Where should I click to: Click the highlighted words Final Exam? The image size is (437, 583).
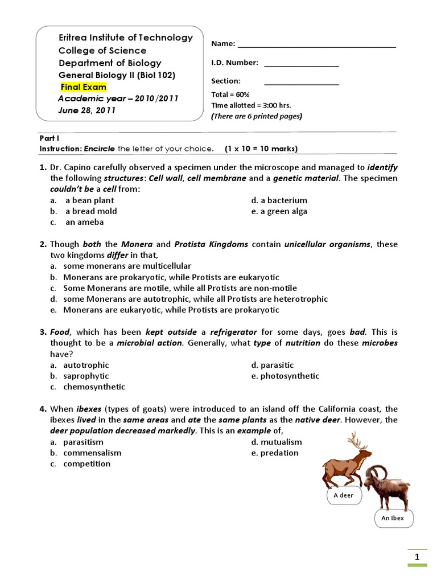84,87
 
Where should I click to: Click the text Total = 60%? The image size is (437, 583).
230,95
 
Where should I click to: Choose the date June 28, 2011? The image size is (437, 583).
86,110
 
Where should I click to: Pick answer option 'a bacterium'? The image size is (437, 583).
279,200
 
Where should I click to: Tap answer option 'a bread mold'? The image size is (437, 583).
91,211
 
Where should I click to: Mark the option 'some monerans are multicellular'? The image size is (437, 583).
127,266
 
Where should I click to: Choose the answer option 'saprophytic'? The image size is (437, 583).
86,376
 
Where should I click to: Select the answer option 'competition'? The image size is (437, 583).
86,463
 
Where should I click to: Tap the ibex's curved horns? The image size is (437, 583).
377,471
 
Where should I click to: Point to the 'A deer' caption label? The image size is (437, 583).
344,495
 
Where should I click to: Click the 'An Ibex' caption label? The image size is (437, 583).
393,518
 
